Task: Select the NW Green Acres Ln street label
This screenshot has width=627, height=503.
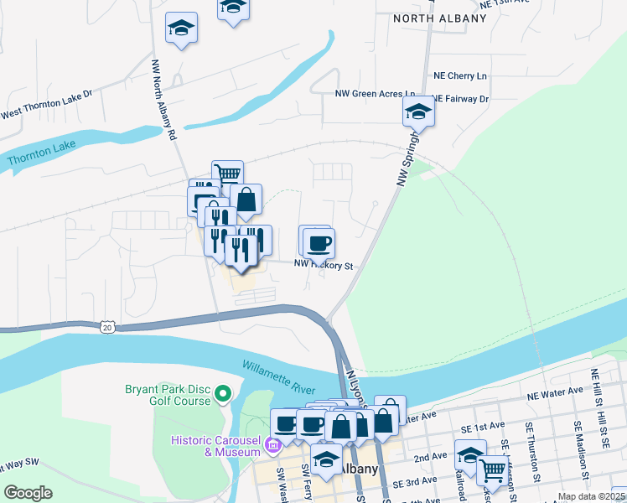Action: click(x=376, y=94)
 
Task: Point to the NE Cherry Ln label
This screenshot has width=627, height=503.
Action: click(x=459, y=75)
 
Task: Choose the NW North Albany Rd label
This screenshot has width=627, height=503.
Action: click(x=164, y=99)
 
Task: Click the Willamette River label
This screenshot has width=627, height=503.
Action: click(x=279, y=377)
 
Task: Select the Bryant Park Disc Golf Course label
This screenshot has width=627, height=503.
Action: click(x=168, y=394)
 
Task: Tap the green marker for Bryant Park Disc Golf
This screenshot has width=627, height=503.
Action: click(x=223, y=393)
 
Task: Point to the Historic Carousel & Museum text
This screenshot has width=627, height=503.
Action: click(x=216, y=446)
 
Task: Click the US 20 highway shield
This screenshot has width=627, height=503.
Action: click(x=106, y=327)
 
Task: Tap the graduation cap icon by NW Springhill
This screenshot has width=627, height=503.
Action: click(x=418, y=111)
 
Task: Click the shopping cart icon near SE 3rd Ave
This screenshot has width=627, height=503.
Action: click(x=493, y=470)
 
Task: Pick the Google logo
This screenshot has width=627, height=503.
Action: click(x=28, y=493)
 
